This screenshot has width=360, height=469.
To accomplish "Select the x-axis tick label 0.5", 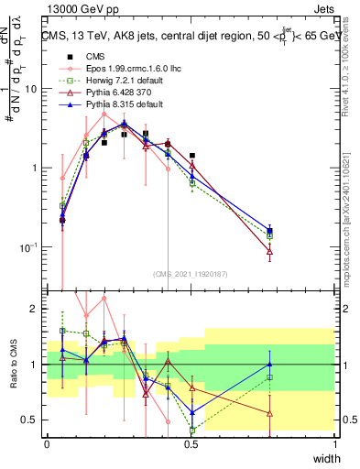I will (x=191, y=443).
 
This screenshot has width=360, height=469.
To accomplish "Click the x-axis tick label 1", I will (x=335, y=443).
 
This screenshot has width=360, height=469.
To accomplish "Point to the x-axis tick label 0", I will (x=47, y=443).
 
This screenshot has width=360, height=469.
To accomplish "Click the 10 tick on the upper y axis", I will (x=31, y=89).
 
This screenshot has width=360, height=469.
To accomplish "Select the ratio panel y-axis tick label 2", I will (x=36, y=309).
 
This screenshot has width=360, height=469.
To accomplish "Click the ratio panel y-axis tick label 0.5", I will (x=31, y=420).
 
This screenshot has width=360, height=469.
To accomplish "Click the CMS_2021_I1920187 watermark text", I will (x=191, y=273).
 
